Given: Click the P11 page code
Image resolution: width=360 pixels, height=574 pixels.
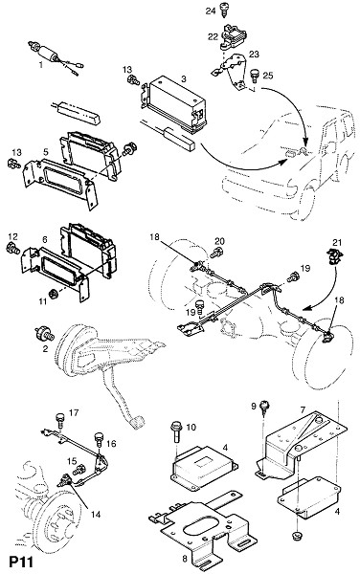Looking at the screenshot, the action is pos(21,563).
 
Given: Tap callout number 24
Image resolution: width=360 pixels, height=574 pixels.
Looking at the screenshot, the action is pos(211,11).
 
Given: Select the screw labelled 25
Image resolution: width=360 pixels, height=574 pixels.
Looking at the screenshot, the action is pos(254,75).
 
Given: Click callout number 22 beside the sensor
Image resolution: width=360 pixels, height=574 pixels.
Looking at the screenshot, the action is pos(213,36).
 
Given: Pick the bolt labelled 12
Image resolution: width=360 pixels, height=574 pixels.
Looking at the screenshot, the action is pos(12,249).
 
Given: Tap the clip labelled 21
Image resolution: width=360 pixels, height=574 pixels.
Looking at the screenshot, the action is pos(335,257).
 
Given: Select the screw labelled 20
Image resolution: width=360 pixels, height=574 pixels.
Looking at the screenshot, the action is pos(218,252).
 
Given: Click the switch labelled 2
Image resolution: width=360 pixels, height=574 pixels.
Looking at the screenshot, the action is pos(44,334).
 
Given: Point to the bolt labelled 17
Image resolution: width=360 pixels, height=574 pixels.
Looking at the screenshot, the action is pos(60,420).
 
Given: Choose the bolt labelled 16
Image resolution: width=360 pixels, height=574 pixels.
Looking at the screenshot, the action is pos(100,438).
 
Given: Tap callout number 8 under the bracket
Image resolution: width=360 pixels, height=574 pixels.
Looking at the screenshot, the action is pos(185,560).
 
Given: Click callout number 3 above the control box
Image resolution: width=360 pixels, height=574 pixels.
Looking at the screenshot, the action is pos(184,78).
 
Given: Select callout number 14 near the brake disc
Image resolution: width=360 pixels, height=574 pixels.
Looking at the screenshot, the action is pos(96,515).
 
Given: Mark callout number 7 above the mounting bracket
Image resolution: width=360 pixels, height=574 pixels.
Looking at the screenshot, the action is pos(303,409).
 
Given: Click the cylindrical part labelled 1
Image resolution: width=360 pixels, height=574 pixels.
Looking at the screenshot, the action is pos(47,52).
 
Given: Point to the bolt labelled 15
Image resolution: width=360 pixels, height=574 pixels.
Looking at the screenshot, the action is pos(79,469).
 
